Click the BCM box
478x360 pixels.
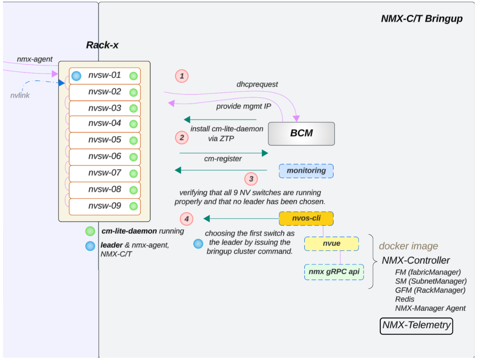pos(301,133)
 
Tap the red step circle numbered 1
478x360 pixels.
pos(182,76)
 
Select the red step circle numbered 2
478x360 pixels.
pos(182,137)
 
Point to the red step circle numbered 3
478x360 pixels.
pos(251,178)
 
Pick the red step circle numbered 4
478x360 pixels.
pos(186,219)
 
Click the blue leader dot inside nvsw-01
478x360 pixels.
pos(76,76)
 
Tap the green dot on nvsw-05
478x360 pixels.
pos(133,140)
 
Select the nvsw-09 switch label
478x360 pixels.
pos(105,206)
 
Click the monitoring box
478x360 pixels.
pos(306,171)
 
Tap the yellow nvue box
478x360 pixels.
pos(331,244)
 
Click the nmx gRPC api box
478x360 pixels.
pos(334,272)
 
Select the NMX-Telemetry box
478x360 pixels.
pos(416,325)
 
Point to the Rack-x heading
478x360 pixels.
pos(102,45)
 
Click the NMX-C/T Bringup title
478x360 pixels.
pos(421,19)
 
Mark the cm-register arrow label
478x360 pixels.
pos(223,159)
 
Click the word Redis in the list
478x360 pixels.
pos(405,299)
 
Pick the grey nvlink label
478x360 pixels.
pos(20,95)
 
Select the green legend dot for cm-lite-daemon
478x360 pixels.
pos(90,231)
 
